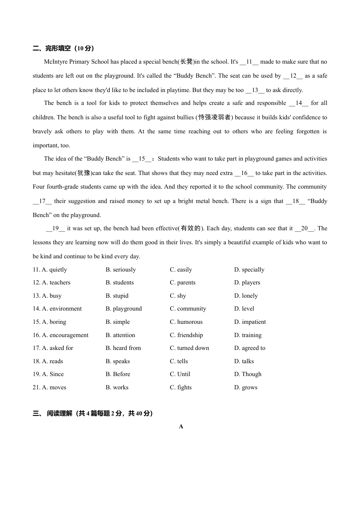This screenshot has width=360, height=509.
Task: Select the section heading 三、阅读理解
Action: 93,413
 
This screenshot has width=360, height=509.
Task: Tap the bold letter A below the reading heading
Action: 181,426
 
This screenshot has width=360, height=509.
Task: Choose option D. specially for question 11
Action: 249,270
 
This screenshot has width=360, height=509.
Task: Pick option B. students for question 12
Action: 119,283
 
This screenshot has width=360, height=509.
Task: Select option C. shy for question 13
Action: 178,296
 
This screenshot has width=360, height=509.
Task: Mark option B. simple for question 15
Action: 117,322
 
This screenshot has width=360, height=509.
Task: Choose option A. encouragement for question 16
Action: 65,335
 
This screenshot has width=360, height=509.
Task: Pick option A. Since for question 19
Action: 53,374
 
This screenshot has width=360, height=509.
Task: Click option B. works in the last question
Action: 117,387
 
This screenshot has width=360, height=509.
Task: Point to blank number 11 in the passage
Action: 249,62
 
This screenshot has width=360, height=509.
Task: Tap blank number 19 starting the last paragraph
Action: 56,228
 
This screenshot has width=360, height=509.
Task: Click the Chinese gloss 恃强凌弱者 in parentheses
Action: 214,117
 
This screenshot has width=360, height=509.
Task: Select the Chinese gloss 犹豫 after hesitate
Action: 84,173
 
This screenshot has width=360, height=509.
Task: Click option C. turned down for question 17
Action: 189,348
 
